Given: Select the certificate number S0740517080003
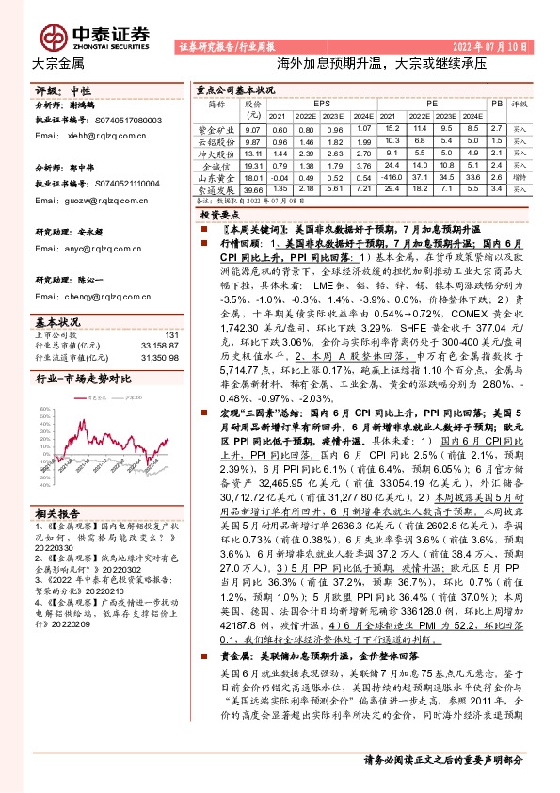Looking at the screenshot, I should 128,121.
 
